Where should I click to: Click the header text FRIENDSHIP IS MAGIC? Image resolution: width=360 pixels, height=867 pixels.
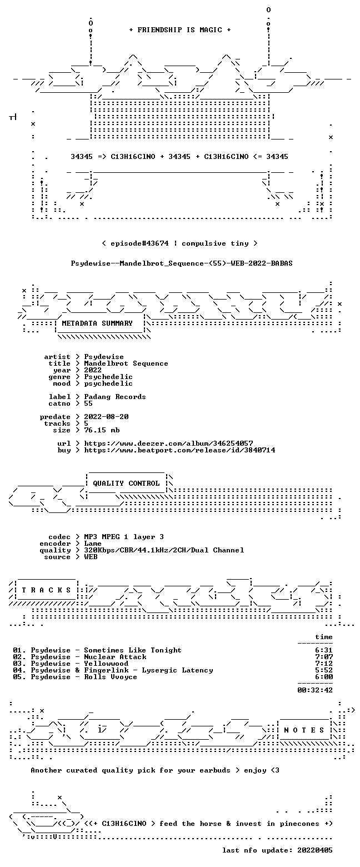[x=180, y=30]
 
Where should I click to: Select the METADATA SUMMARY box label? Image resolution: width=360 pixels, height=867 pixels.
[x=97, y=323]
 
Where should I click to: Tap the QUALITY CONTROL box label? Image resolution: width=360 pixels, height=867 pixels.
[x=126, y=484]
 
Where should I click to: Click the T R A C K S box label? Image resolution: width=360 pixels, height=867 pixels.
[x=46, y=590]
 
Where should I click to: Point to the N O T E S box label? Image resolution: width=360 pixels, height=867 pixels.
[x=304, y=730]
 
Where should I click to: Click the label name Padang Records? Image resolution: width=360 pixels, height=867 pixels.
[x=115, y=397]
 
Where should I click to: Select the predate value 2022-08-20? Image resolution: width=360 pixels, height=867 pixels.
[x=107, y=417]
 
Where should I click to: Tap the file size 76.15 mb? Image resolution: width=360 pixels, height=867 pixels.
[x=102, y=430]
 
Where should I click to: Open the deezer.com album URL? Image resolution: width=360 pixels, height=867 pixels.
[x=169, y=443]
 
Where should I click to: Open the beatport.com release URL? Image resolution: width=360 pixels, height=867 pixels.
[x=179, y=450]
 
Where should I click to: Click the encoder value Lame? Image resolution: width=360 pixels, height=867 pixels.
[x=93, y=544]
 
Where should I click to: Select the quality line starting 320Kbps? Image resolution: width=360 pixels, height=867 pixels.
[x=164, y=550]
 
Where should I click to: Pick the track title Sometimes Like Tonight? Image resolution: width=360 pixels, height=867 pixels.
[x=133, y=650]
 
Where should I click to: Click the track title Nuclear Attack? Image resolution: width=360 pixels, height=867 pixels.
[x=116, y=657]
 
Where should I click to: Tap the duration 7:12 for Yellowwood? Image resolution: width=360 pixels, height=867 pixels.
[x=324, y=664]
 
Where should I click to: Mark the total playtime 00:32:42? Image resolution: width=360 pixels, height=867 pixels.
[x=315, y=690]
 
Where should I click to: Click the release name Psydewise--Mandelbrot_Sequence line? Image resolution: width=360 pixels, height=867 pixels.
[x=182, y=263]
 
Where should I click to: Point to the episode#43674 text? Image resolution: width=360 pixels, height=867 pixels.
[x=140, y=243]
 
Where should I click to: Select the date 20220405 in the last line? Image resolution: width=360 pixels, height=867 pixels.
[x=315, y=850]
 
